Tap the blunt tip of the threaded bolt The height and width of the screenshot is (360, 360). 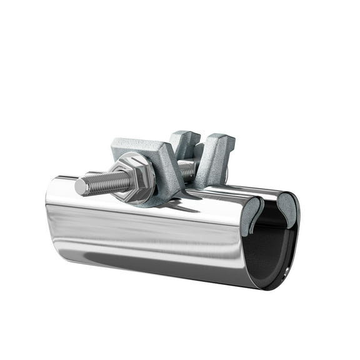(79, 187)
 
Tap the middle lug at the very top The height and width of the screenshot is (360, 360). (186, 141)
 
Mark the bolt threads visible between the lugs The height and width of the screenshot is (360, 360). (187, 169)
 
